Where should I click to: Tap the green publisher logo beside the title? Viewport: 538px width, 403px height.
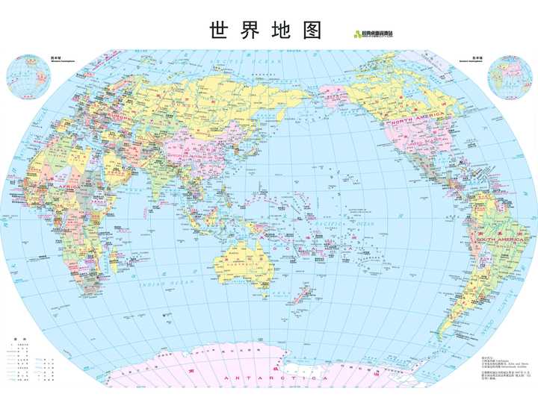374,33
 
